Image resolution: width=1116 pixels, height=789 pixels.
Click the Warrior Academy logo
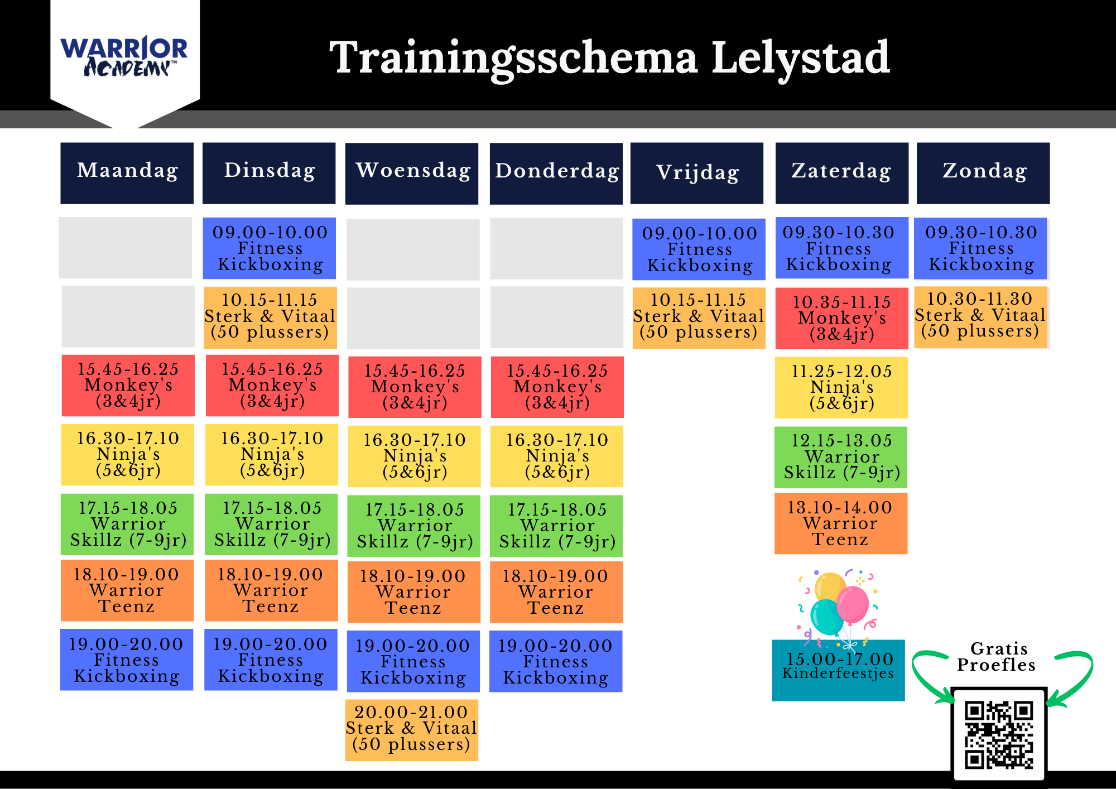point(124,56)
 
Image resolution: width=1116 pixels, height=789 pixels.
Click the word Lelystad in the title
point(801,57)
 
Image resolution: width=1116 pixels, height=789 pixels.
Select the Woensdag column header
point(412,174)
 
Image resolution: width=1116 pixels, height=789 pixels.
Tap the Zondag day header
point(983,173)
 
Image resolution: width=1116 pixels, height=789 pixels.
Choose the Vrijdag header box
point(697,173)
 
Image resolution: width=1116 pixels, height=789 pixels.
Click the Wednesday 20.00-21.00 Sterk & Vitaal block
point(412,730)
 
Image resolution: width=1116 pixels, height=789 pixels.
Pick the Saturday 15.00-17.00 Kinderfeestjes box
point(838,670)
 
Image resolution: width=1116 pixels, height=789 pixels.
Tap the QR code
point(999,734)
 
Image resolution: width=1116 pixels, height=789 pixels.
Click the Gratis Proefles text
point(997,657)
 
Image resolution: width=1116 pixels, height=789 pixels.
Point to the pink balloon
point(853,605)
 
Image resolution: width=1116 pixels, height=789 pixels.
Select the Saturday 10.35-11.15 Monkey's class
point(841,318)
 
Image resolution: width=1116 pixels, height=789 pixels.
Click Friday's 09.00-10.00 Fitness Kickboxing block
point(699,249)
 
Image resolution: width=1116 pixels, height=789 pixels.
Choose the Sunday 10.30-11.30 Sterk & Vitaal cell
point(980,317)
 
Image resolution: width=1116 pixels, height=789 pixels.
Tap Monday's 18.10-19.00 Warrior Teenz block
point(127,590)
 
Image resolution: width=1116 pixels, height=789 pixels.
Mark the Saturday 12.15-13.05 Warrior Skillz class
point(841,457)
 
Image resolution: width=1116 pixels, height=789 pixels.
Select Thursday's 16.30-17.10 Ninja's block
point(557,456)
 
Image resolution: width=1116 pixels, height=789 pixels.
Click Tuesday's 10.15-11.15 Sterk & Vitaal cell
point(271,317)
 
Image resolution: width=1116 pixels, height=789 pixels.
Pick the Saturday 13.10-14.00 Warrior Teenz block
point(841,523)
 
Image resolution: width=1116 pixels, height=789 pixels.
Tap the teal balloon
point(826,617)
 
